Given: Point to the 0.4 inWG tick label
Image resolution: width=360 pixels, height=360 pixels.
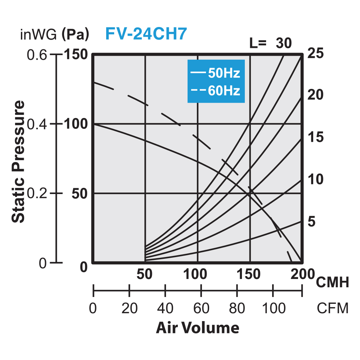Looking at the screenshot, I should tap(37, 124).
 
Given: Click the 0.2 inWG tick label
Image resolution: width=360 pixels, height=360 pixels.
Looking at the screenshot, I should tap(37, 193).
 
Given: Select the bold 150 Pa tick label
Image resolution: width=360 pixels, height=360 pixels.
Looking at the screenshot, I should tap(76, 55).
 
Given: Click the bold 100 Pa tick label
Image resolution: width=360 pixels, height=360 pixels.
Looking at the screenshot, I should tap(76, 124).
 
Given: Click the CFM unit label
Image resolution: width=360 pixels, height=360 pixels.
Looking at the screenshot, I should tap(332, 309).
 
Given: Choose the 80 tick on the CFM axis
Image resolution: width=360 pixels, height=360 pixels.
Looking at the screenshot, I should tap(237, 309).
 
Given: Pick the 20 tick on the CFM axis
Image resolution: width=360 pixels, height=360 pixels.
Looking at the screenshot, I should tap(129, 309).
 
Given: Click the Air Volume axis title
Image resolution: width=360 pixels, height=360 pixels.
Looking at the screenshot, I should tap(197, 328).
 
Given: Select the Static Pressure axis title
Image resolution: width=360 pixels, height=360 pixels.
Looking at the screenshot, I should tap(19, 162).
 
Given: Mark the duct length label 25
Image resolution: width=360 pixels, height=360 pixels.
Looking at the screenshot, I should tap(316, 53).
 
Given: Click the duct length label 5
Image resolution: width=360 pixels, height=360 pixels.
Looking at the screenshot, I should tap(311, 221).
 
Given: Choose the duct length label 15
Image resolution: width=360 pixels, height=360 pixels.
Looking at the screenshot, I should tap(316, 137).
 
